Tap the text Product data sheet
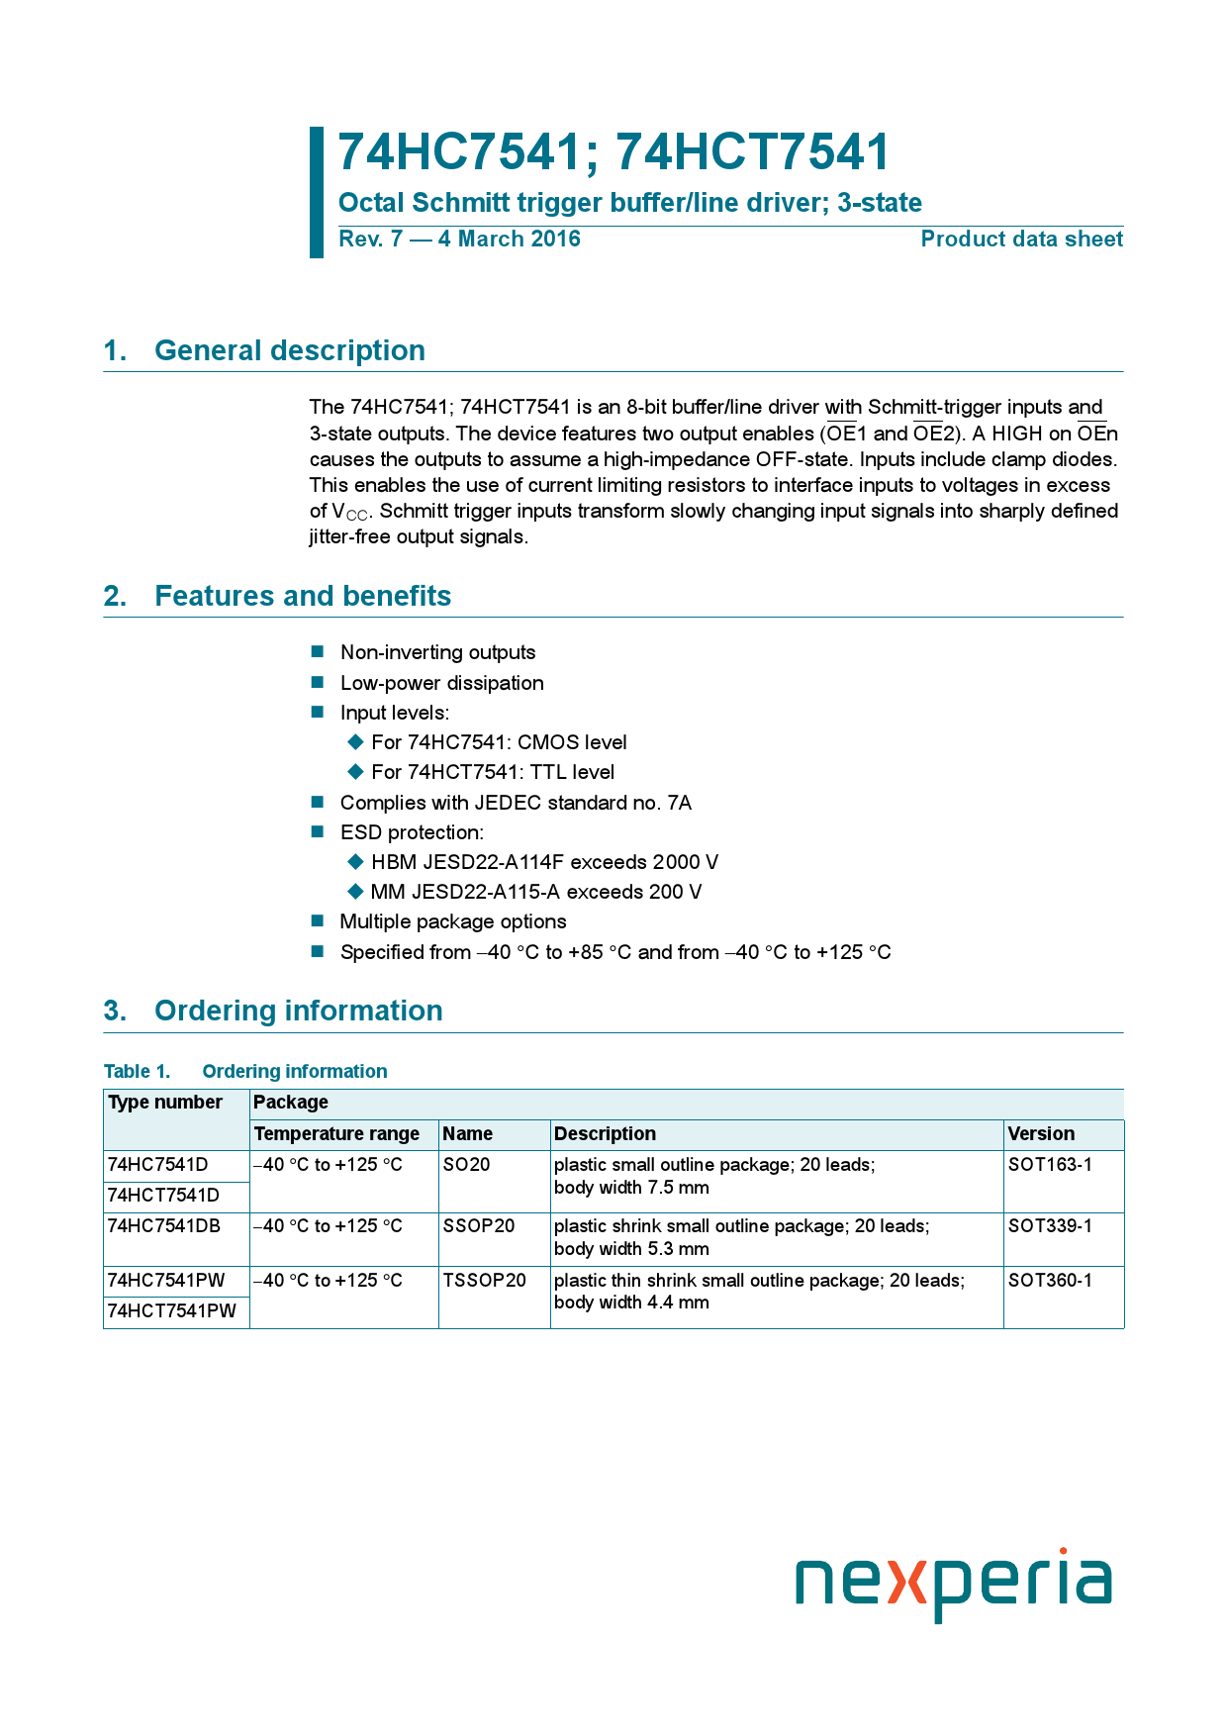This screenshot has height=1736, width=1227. (x=1021, y=240)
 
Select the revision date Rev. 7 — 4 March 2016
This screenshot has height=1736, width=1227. (x=459, y=240)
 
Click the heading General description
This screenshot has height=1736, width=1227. (x=289, y=350)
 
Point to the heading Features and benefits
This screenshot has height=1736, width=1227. (x=302, y=596)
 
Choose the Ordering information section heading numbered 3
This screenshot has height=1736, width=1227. (x=298, y=1011)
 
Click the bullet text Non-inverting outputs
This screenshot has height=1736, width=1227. (x=437, y=652)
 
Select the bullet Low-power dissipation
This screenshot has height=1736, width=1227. (x=441, y=683)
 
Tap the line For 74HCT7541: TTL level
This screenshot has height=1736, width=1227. (x=493, y=772)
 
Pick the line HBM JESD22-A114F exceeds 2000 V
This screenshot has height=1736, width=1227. (x=544, y=862)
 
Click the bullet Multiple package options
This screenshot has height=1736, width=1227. (x=453, y=921)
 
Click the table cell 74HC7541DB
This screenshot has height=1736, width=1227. (x=164, y=1226)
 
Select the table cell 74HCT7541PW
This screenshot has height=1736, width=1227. (x=172, y=1311)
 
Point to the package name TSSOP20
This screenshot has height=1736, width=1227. (x=484, y=1281)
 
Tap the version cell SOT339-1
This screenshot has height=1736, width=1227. (x=1050, y=1226)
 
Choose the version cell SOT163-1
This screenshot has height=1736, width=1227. (x=1050, y=1165)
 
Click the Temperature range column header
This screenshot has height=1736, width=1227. (x=336, y=1134)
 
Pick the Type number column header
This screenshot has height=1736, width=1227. (x=165, y=1103)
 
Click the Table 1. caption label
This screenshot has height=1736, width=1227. (x=137, y=1072)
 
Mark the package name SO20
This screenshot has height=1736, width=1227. (x=466, y=1165)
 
